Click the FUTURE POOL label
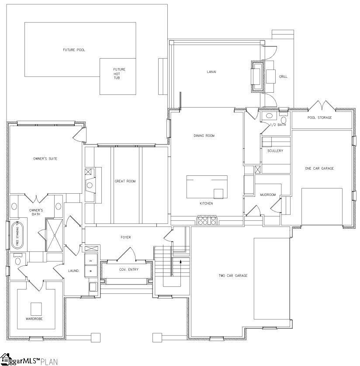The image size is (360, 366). tap(74, 50)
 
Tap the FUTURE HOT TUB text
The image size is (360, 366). tap(119, 73)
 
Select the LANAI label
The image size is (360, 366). tap(212, 72)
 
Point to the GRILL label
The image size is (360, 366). tap(283, 77)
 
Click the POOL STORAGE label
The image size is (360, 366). tap(319, 118)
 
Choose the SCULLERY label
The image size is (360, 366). tap(275, 151)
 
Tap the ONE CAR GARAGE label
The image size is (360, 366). tap(319, 168)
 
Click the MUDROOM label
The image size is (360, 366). tap(268, 195)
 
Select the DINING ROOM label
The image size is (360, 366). tap(204, 136)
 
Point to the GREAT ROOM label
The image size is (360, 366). tap(125, 181)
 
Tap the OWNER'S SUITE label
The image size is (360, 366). tap(45, 159)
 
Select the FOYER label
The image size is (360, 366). tap(126, 237)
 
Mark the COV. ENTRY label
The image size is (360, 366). tap(129, 269)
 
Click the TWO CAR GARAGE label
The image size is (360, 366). tap(233, 275)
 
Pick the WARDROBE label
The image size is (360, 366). tap(34, 319)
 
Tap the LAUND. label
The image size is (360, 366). tap(74, 271)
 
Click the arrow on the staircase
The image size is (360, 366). tap(180, 262)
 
